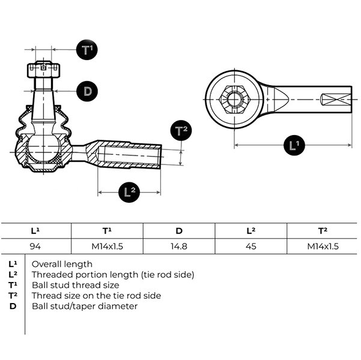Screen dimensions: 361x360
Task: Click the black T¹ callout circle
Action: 87,49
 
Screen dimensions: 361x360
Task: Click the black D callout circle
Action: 87,91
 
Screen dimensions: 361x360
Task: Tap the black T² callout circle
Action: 181,131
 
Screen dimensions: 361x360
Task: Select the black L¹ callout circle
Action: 294,145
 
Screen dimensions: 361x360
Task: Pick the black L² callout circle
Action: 129,191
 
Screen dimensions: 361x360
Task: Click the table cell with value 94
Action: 35,247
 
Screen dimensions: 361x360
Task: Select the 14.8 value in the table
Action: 179,247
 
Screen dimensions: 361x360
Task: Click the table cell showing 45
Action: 250,247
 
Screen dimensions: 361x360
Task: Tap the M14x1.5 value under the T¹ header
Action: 107,247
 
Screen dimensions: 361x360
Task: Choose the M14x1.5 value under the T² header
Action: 323,247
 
